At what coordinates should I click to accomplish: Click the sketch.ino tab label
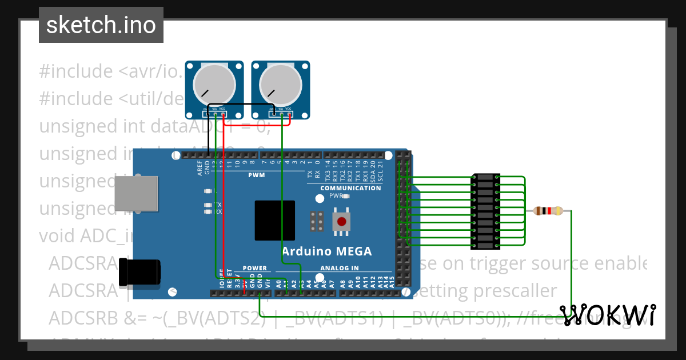(x=101, y=25)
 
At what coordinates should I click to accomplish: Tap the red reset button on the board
(x=342, y=222)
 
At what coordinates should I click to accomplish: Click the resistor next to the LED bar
(x=548, y=211)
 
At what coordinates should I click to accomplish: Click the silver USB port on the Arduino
(x=135, y=193)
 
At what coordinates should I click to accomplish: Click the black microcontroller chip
(x=275, y=221)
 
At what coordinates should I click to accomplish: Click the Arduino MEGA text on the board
(x=326, y=251)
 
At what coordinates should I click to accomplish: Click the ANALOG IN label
(x=340, y=268)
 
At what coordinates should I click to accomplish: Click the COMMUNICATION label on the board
(x=350, y=188)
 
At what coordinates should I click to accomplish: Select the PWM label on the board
(x=256, y=175)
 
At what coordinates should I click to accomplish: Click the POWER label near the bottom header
(x=254, y=268)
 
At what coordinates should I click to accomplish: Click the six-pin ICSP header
(x=317, y=221)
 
